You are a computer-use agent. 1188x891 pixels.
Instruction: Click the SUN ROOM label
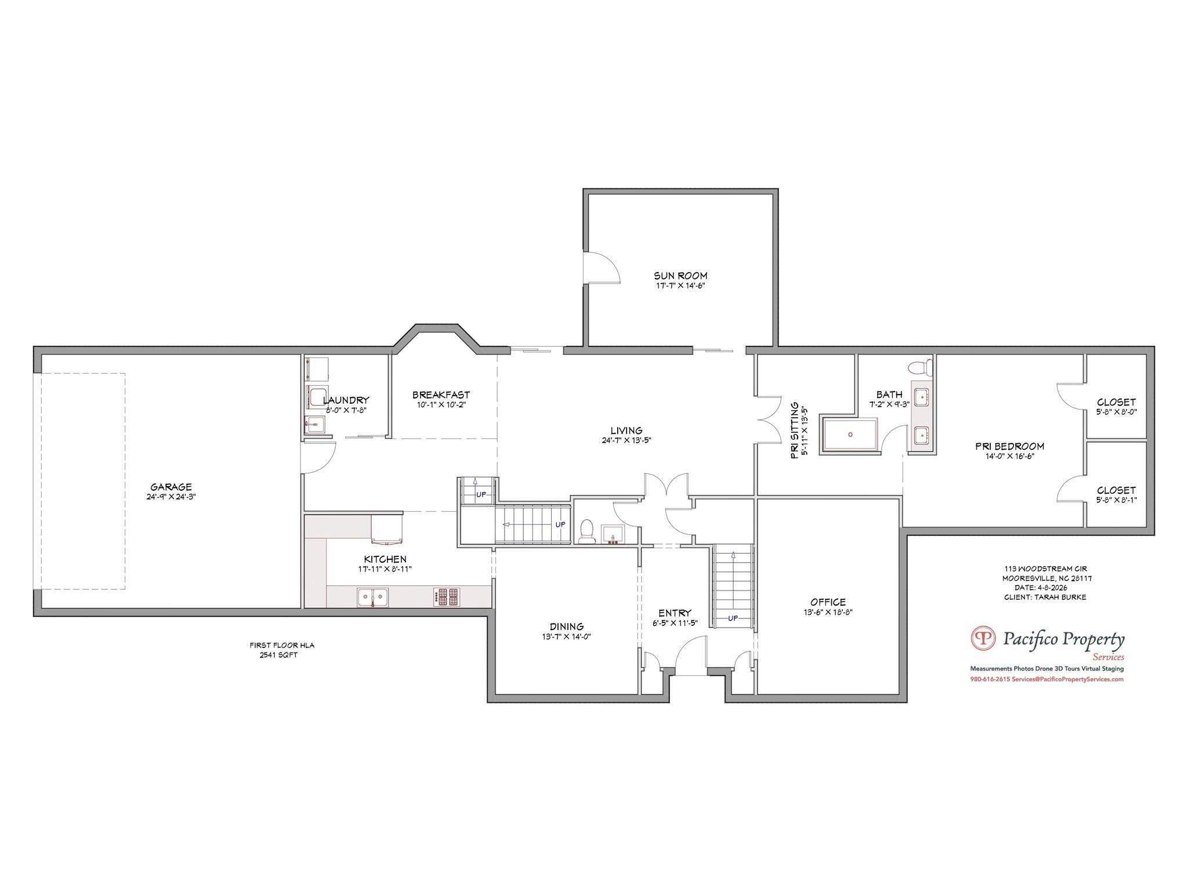click(x=680, y=276)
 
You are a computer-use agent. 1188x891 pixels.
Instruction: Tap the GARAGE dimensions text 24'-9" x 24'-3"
click(x=171, y=497)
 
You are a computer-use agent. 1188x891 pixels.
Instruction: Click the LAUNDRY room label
click(x=346, y=400)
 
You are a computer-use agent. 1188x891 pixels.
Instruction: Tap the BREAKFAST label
click(x=441, y=395)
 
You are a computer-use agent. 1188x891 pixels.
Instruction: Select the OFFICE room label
click(x=828, y=602)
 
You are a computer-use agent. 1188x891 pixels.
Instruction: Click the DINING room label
click(x=566, y=626)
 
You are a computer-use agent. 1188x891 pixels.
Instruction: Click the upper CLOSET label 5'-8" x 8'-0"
click(x=1116, y=402)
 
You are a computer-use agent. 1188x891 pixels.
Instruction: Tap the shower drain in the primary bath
click(x=850, y=434)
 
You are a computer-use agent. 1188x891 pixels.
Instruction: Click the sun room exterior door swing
click(x=603, y=268)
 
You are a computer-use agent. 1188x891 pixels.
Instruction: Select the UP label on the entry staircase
click(x=733, y=618)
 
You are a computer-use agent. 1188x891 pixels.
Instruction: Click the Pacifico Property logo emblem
click(x=984, y=638)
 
